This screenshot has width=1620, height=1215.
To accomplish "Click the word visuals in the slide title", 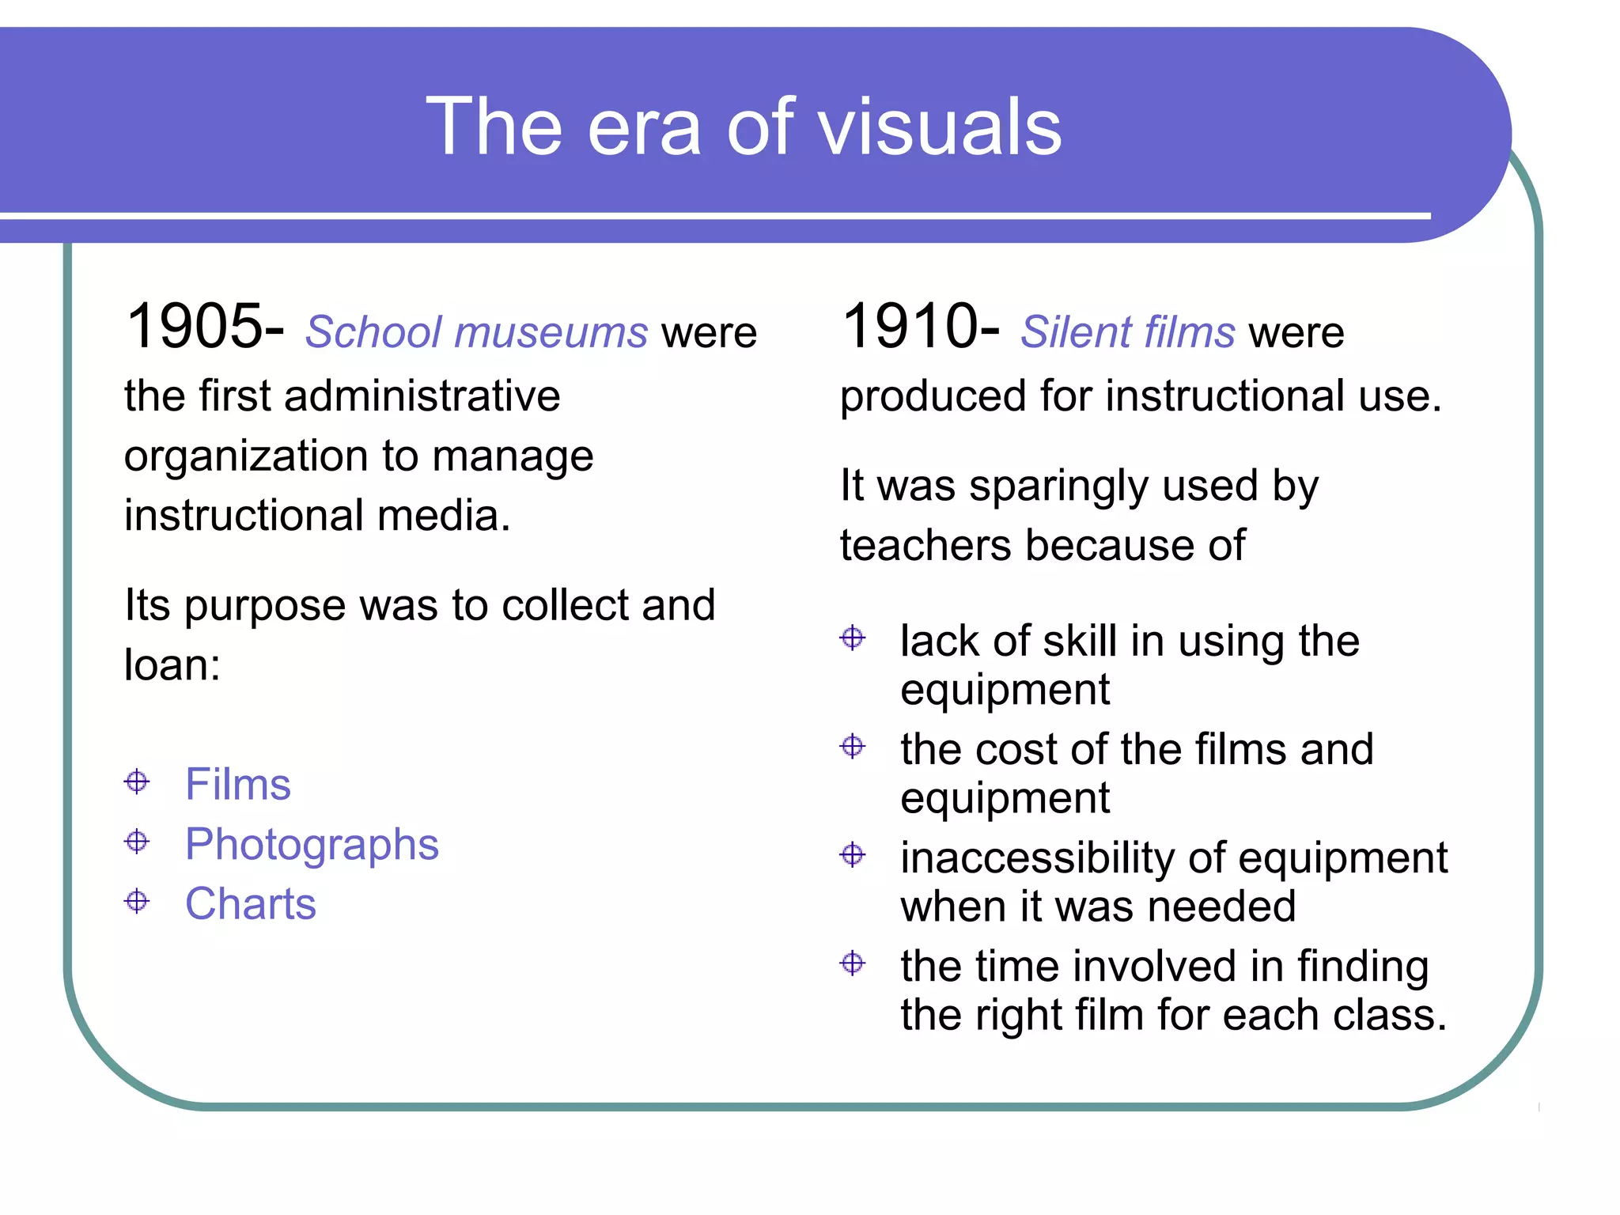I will [940, 127].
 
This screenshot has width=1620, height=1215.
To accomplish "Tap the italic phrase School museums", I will [476, 332].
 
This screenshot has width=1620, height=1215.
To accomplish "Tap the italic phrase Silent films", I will [1127, 332].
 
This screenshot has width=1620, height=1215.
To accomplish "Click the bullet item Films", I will [238, 784].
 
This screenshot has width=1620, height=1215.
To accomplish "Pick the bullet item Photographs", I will [312, 845].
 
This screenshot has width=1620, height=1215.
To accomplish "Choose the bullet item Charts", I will [251, 903].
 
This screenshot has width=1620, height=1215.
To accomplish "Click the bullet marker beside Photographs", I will [137, 841].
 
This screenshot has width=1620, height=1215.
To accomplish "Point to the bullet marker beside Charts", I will [137, 901].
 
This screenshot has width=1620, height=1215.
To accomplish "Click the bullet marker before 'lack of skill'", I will [853, 638].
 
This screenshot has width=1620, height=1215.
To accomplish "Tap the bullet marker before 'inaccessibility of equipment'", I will [853, 855].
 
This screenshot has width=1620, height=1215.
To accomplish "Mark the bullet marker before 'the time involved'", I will [853, 963].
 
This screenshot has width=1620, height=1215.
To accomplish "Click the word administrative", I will [422, 396].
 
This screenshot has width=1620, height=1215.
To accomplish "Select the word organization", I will [246, 456].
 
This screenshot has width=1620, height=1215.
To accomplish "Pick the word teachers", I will [925, 546].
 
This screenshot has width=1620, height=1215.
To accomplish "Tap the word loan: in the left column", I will [172, 664].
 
